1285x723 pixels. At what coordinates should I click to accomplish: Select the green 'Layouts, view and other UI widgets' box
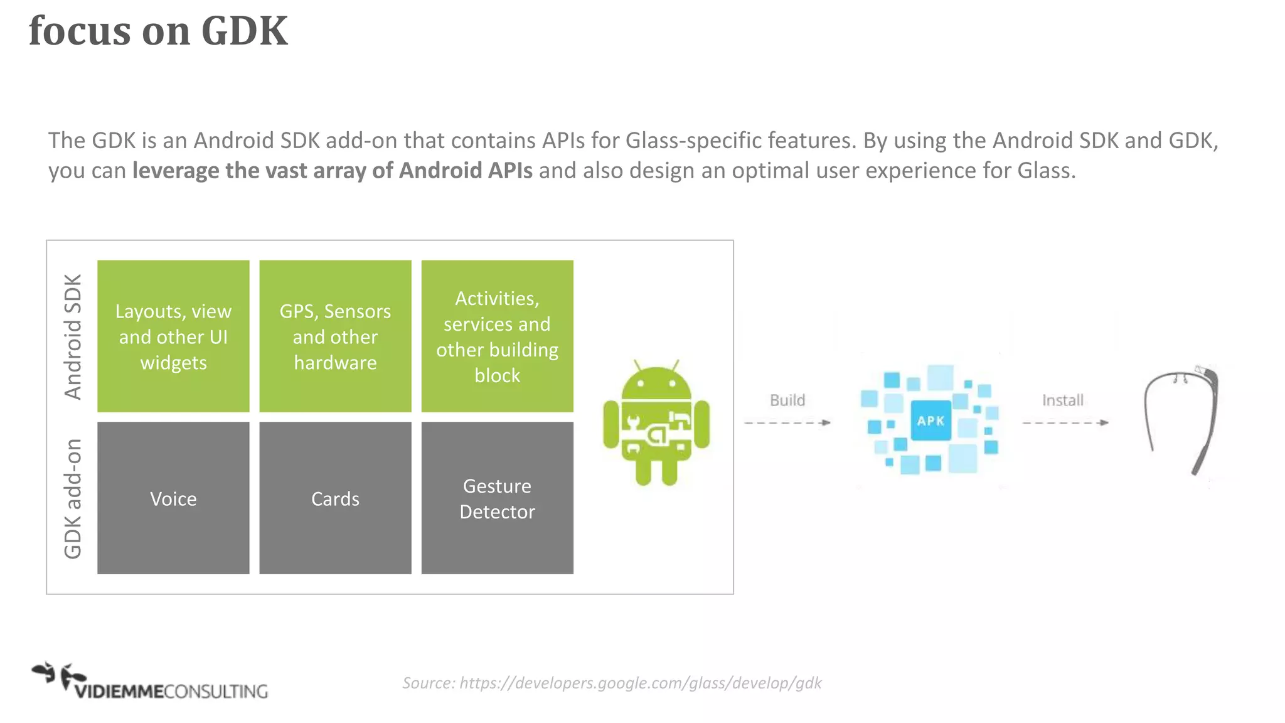173,336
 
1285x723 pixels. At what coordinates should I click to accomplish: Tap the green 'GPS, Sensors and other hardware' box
335,336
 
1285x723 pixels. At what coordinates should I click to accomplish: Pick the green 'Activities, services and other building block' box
497,336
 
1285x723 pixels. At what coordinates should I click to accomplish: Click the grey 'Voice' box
173,498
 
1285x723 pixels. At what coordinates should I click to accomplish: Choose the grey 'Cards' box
335,498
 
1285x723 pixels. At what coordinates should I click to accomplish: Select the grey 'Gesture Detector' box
497,498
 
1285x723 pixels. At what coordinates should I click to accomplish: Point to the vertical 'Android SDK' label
73,336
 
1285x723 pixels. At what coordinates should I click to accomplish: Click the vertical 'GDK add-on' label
73,498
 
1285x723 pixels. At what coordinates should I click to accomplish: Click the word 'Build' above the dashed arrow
787,400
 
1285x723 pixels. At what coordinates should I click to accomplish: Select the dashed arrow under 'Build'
787,422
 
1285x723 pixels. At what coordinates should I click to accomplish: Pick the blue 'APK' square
930,420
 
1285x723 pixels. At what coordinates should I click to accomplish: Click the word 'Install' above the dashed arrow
1063,400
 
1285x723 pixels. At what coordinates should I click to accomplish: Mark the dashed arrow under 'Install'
1065,422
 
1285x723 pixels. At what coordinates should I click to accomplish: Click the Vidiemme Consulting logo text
171,691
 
